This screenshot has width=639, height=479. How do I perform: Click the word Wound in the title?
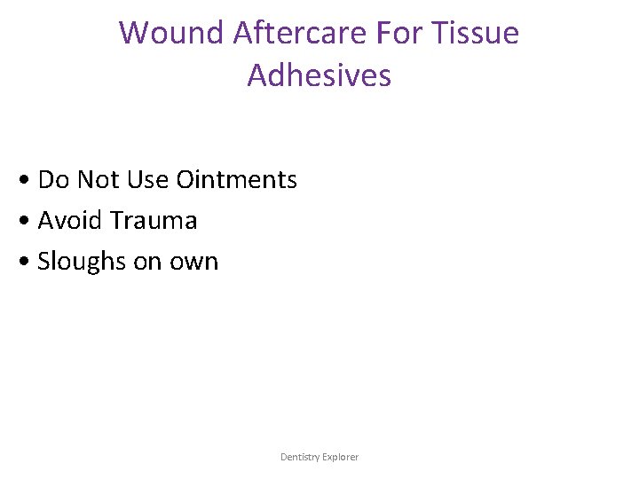[x=172, y=33]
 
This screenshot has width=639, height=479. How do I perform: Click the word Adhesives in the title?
[x=319, y=75]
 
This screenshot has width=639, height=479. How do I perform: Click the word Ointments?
[x=237, y=180]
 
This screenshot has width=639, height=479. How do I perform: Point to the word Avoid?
[x=69, y=221]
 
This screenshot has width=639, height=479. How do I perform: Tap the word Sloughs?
[x=82, y=263]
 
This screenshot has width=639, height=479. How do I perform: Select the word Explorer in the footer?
[x=340, y=457]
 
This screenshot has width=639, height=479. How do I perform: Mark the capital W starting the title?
[x=133, y=33]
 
